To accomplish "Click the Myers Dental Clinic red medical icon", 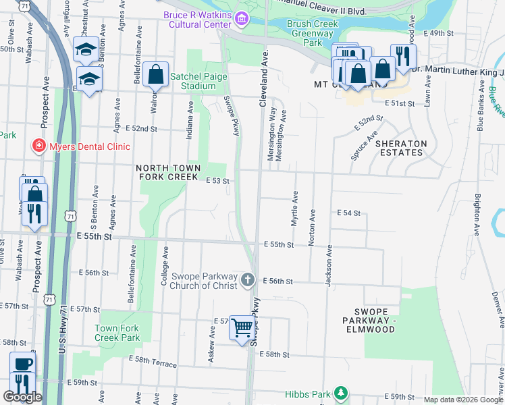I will point(39,146).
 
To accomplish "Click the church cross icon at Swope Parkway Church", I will point(248,279).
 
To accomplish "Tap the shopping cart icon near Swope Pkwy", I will point(241,327).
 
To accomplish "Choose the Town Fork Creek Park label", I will point(117,333).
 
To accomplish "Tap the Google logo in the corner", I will point(22,396).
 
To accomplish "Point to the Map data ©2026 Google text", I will point(463,400).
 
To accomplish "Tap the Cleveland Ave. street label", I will point(264,77).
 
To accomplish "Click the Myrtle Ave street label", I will point(295,208).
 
